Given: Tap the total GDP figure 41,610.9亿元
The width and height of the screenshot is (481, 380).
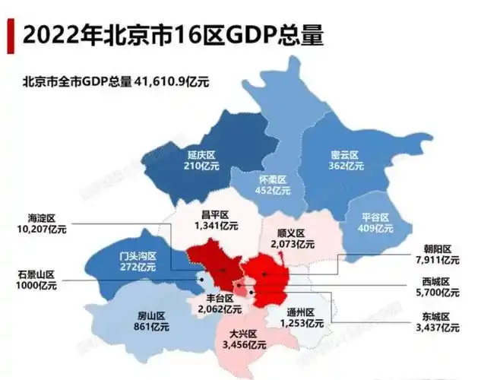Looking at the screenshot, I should click(x=172, y=81).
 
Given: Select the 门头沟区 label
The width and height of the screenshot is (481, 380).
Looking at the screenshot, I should click(x=138, y=256).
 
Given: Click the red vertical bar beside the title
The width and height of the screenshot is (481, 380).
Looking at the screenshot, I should click(x=10, y=35).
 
